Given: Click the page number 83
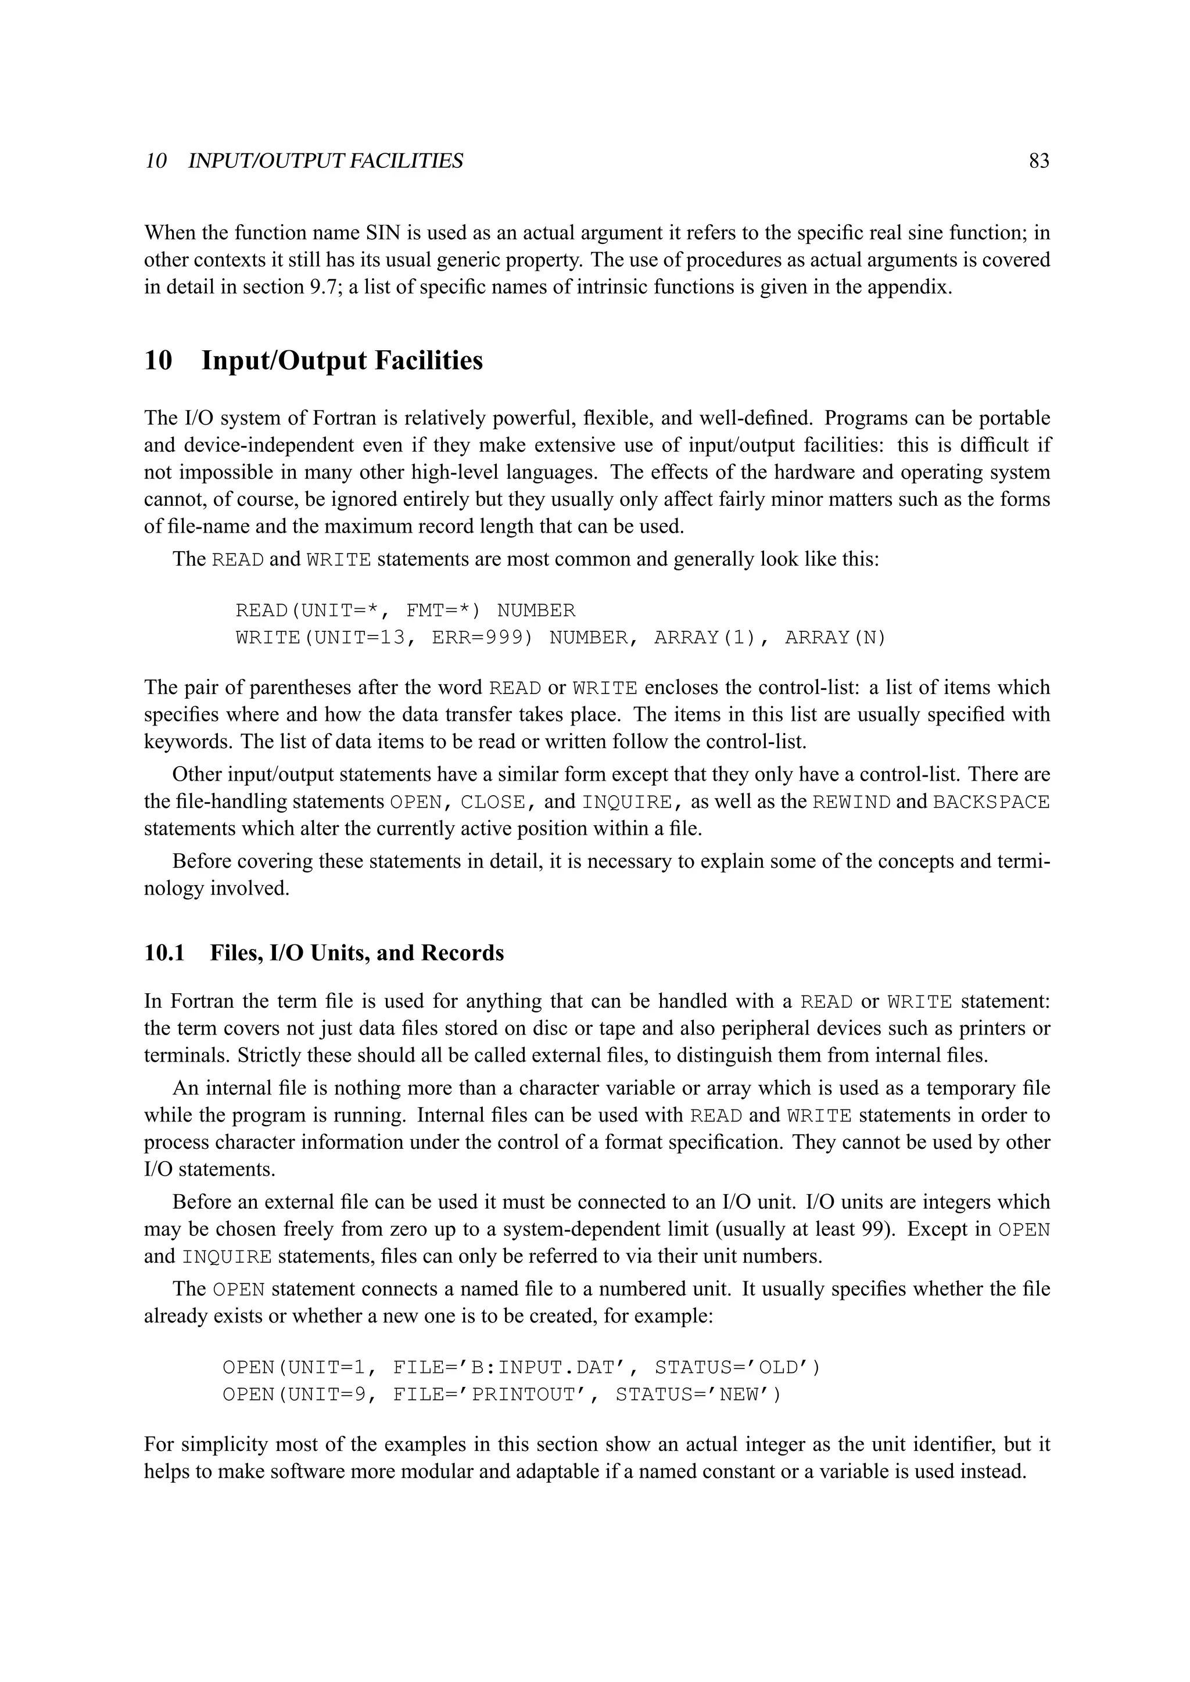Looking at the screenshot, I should [x=1038, y=161].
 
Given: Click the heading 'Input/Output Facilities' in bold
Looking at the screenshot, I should [x=342, y=361].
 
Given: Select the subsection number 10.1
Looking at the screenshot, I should [x=164, y=953].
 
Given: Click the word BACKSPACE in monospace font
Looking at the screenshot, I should [x=991, y=802].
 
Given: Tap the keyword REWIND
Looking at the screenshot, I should [x=851, y=802].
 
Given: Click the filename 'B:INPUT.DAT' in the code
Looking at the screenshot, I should [x=547, y=1368].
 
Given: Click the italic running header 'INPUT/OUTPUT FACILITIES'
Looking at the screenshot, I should [x=325, y=161].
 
